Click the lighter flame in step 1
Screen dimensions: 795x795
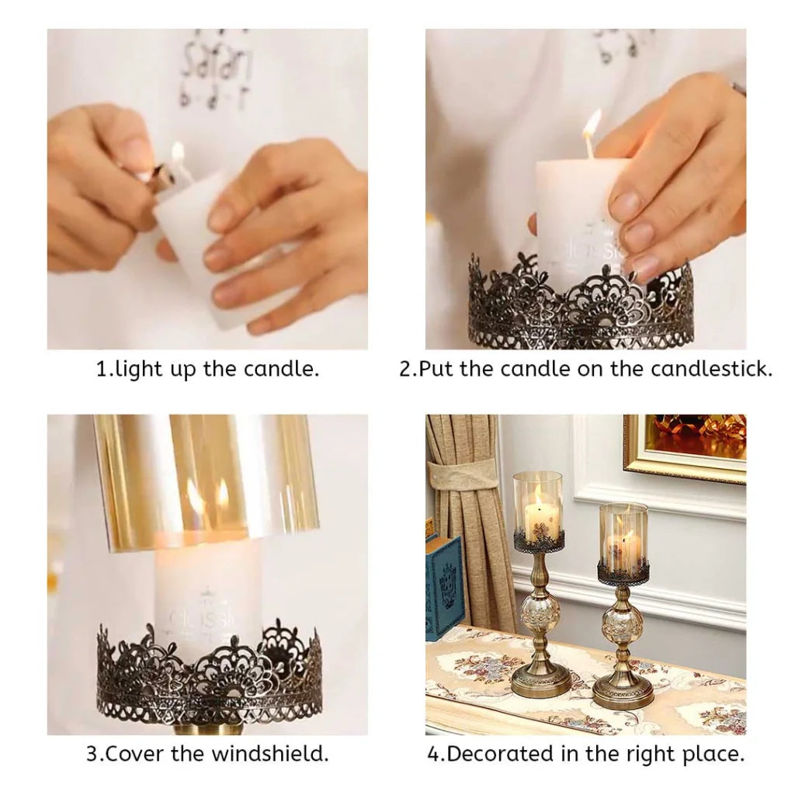[178, 153]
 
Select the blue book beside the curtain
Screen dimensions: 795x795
[444, 582]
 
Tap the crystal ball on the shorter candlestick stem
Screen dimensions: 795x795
[623, 625]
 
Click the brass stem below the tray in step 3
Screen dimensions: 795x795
[207, 728]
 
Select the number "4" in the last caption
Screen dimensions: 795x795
[433, 753]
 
